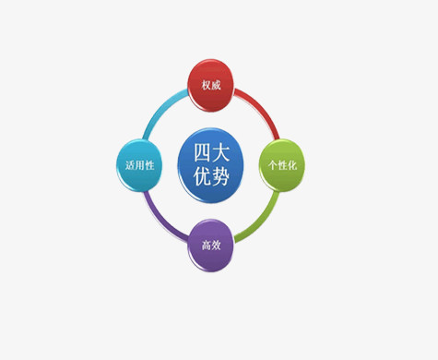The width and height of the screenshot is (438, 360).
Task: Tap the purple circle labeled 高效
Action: click(211, 245)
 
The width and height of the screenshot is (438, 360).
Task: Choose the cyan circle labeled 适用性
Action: click(138, 164)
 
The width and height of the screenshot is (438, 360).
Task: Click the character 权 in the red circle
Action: click(207, 85)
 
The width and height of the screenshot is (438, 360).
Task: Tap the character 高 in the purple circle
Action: click(206, 246)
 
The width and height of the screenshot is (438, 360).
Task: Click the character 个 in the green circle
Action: click(270, 164)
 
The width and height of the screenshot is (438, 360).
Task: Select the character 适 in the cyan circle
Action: click(128, 165)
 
